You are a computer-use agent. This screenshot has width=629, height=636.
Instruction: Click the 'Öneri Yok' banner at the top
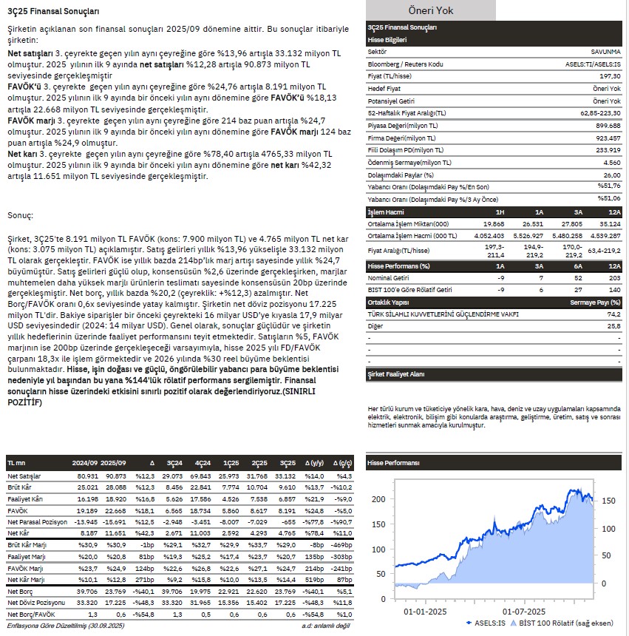[x=431, y=10]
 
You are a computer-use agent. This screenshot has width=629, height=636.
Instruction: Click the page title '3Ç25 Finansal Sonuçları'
[x=52, y=12]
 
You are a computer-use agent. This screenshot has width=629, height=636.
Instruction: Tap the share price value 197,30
[x=609, y=76]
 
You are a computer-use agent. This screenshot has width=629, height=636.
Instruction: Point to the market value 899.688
[x=607, y=125]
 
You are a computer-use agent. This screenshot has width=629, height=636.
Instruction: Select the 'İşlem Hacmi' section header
[x=387, y=212]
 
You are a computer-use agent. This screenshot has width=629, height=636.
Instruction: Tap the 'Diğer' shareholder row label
[x=376, y=325]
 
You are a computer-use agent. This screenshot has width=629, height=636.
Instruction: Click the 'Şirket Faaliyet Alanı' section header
[x=396, y=375]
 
